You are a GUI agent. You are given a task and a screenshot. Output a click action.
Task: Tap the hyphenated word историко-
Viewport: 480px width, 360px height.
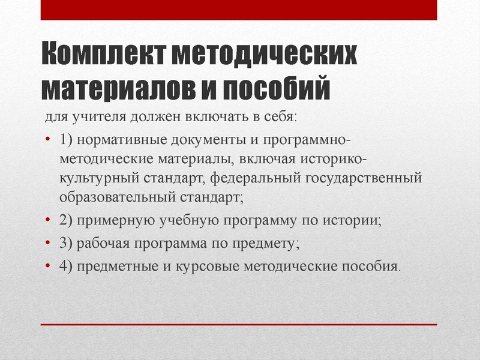[x=337, y=159]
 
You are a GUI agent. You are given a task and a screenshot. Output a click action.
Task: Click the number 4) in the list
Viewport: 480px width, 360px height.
[x=66, y=266]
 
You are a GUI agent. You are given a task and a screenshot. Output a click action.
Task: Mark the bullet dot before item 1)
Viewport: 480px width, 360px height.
[x=49, y=140]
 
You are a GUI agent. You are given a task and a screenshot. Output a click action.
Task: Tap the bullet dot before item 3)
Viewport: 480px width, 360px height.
[x=49, y=243]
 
